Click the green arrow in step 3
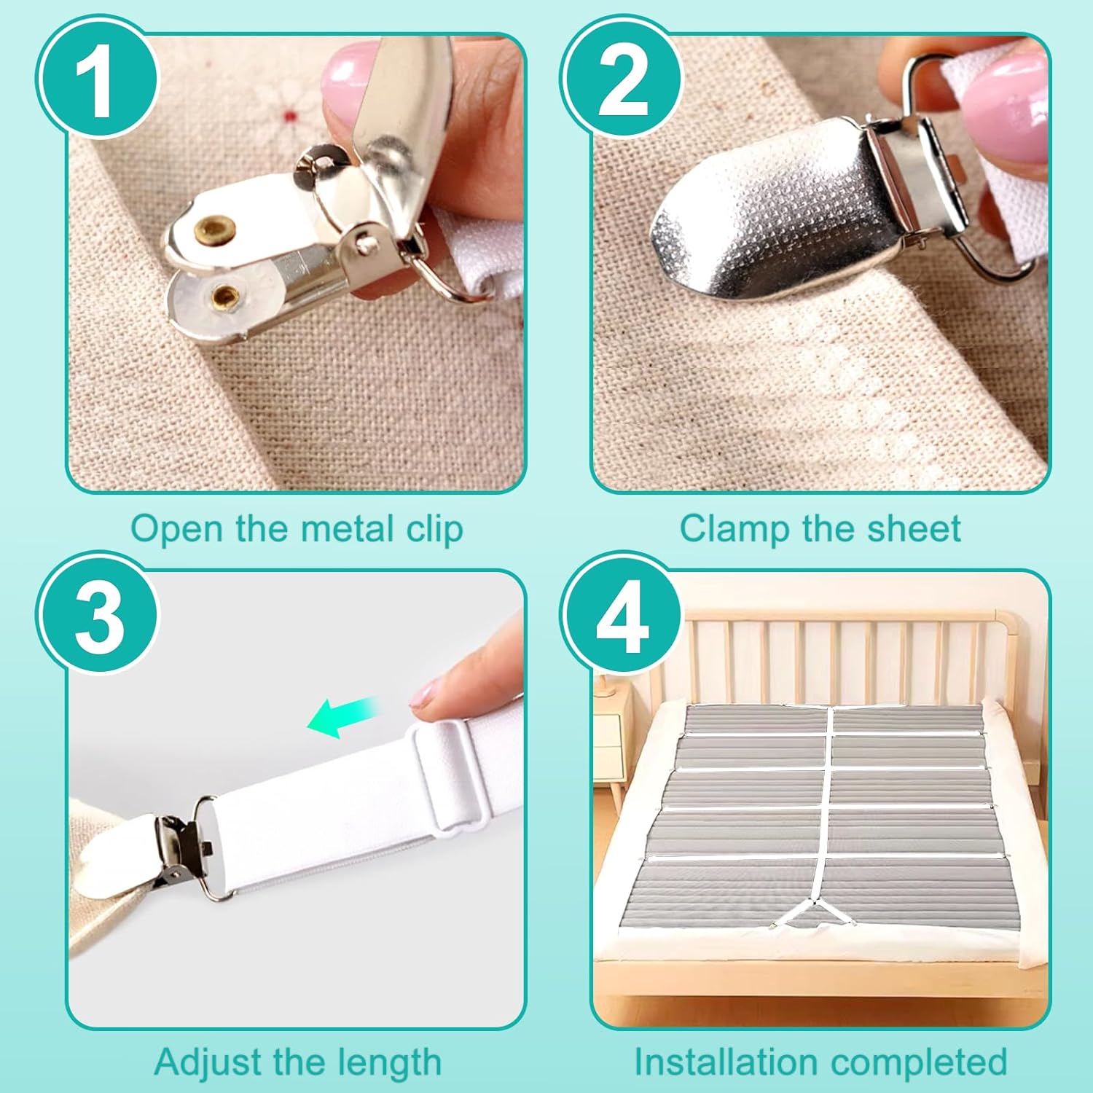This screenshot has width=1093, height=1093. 341,716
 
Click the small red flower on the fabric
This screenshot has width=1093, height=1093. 291,115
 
